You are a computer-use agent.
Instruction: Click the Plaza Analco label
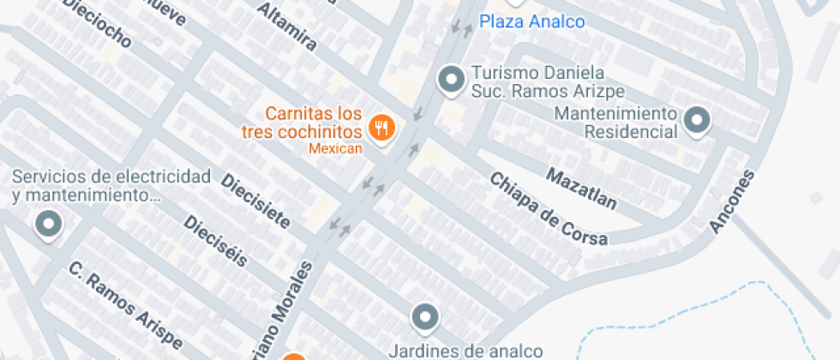coord(531,21)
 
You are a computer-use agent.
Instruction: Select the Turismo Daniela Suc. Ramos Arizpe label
coord(545,81)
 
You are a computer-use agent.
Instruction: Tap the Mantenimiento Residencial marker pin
coord(697,121)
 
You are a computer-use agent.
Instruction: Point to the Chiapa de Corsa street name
coord(549,208)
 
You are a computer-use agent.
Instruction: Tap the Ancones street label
coord(734,201)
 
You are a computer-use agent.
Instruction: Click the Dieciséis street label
coord(215,240)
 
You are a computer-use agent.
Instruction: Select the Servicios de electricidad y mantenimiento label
coord(111,186)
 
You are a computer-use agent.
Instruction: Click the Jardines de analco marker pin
coord(424,319)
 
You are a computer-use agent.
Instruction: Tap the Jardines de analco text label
coord(466,350)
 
